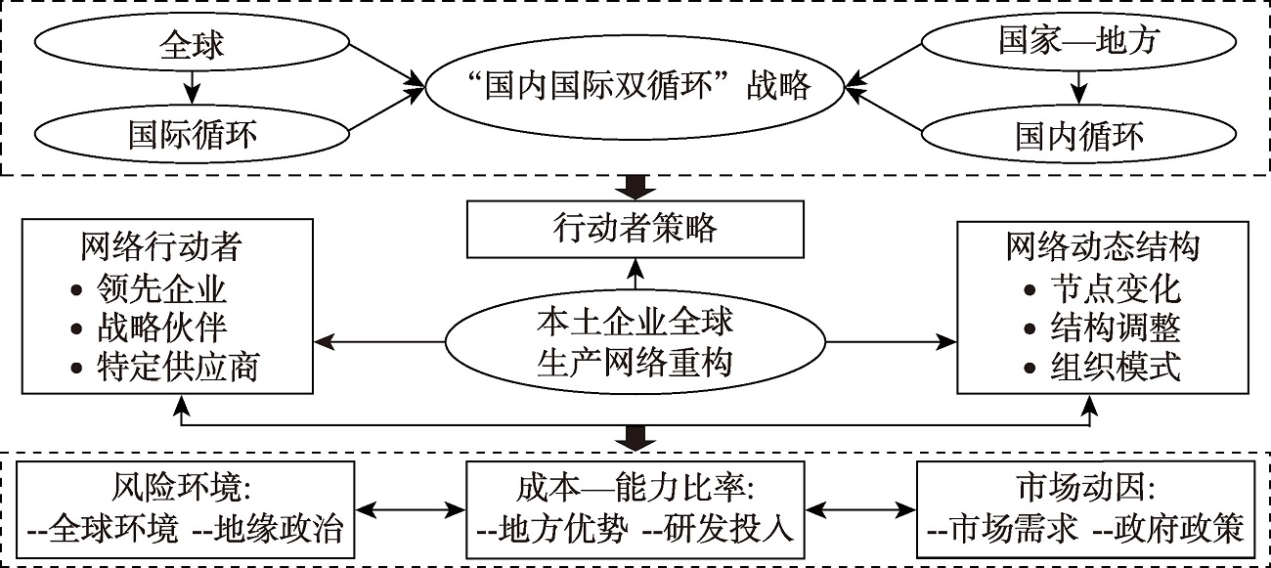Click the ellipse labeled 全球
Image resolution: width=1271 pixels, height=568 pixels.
[193, 44]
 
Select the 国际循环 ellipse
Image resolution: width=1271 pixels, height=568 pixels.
[193, 133]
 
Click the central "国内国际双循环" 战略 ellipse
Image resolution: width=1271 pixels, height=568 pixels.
[635, 87]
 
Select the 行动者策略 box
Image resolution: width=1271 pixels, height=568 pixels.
[635, 228]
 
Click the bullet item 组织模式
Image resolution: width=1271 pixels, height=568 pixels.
[1115, 368]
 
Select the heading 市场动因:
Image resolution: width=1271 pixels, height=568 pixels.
[1085, 486]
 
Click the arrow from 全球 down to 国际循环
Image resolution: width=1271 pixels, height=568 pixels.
[193, 89]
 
